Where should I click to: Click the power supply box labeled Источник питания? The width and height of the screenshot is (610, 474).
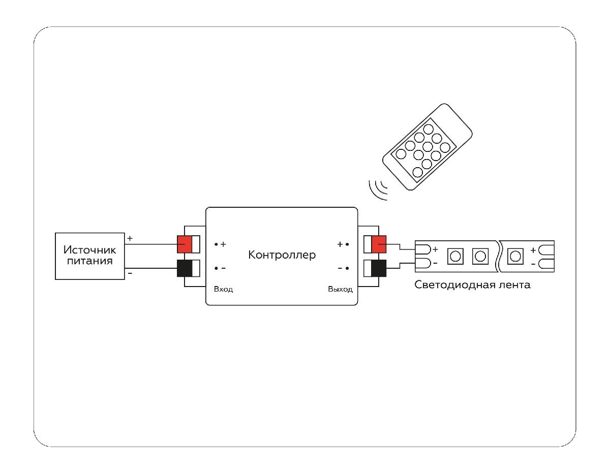[89, 256]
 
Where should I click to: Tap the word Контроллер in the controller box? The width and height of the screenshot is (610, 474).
[282, 255]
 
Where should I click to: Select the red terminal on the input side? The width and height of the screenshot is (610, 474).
[184, 244]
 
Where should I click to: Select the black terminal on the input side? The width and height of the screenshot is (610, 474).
[184, 268]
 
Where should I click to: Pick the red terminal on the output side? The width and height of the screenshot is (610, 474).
[379, 244]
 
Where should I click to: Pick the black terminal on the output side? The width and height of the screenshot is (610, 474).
[379, 268]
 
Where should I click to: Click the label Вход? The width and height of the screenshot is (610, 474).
[223, 289]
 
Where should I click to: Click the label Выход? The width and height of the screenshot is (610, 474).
[340, 289]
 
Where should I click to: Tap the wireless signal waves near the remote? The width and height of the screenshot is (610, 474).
[377, 188]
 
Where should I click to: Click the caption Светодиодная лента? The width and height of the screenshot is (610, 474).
[472, 285]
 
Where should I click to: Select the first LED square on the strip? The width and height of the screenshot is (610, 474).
[455, 256]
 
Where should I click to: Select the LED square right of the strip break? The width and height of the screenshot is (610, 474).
[515, 256]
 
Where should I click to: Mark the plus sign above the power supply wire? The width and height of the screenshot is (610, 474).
[129, 238]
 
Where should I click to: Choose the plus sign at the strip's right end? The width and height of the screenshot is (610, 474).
[533, 250]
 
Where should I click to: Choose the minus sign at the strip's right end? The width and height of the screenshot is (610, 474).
[533, 264]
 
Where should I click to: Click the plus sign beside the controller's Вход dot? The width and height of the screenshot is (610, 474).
[223, 244]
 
